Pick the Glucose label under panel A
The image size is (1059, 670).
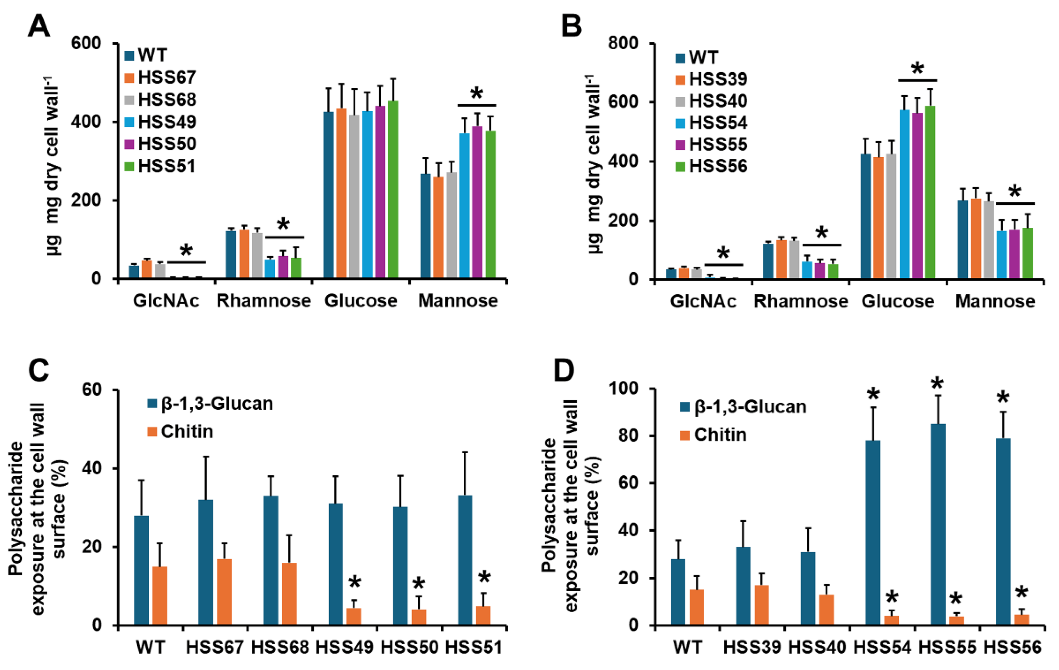361,301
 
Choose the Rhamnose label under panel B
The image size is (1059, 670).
801,301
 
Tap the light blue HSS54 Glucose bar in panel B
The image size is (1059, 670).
904,193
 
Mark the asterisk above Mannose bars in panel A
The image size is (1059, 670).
477,94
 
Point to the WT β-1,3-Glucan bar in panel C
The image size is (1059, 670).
141,570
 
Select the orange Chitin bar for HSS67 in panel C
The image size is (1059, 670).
224,591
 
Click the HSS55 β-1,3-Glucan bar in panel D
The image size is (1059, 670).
938,524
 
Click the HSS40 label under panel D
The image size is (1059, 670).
817,647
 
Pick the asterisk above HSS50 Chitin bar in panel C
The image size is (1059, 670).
419,584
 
